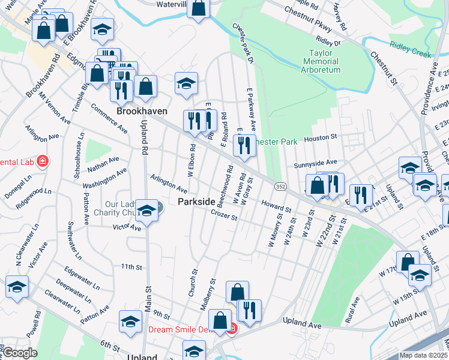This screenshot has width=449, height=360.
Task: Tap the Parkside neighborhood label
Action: (x=197, y=202)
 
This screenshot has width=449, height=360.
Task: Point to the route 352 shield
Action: (x=280, y=187)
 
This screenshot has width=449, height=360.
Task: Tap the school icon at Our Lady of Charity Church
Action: (x=146, y=211)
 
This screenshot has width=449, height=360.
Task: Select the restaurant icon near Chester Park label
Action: (x=244, y=145)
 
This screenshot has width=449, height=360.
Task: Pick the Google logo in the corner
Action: (x=19, y=353)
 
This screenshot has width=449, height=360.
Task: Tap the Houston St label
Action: (x=318, y=139)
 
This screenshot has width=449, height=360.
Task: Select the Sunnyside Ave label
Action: (x=316, y=163)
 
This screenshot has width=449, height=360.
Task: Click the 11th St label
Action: (x=130, y=266)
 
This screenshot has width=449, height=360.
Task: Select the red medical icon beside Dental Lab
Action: (x=43, y=161)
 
